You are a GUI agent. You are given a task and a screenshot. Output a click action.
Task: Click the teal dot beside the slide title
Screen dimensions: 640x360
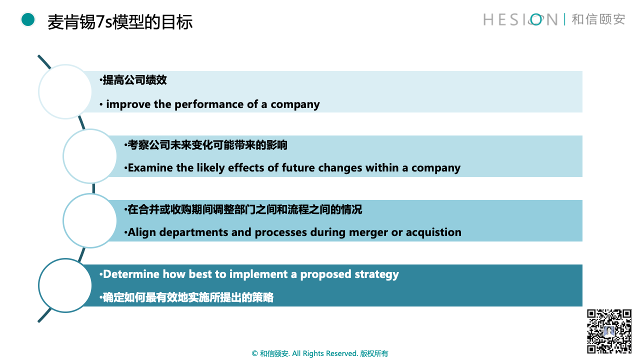(x=28, y=19)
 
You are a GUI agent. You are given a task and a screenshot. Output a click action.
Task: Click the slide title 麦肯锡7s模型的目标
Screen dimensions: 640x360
(x=120, y=22)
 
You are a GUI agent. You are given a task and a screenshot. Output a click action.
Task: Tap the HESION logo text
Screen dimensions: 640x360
(x=520, y=19)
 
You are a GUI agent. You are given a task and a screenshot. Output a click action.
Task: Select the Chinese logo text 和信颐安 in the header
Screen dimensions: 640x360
(x=598, y=19)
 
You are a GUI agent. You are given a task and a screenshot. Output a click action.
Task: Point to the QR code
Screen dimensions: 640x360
(x=609, y=331)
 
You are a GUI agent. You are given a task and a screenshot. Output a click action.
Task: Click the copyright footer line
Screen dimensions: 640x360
(x=319, y=353)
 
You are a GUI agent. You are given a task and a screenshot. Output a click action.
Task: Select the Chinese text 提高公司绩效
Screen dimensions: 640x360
(x=134, y=80)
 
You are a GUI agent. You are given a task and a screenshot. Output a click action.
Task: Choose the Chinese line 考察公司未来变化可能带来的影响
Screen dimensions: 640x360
(x=207, y=145)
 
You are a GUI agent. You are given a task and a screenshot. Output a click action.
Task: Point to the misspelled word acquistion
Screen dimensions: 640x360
(x=433, y=233)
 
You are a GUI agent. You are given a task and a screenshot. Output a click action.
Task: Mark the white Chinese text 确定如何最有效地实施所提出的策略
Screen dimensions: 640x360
(x=188, y=297)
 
